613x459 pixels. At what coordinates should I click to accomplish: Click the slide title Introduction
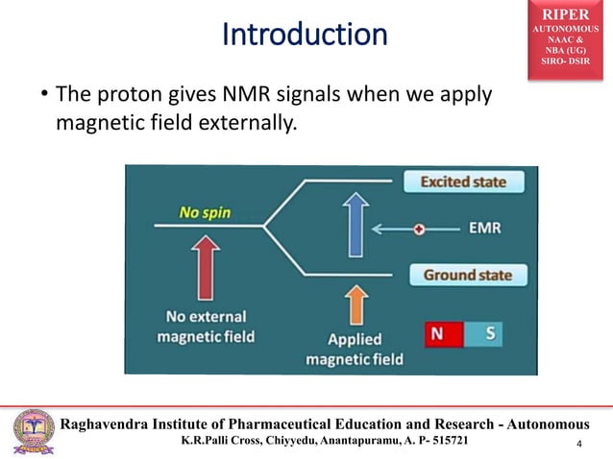(x=305, y=36)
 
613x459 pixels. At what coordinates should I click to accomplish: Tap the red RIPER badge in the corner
(x=571, y=36)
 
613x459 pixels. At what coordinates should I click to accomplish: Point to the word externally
(x=241, y=122)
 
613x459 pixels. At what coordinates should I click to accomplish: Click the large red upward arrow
(x=204, y=268)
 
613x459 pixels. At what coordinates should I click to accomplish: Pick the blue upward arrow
(x=356, y=226)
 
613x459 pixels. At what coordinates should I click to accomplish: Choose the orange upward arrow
(x=356, y=305)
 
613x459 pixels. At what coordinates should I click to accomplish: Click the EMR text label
(x=483, y=229)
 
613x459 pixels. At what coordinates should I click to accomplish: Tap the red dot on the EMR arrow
(x=419, y=229)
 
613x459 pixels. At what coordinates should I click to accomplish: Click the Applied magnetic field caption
(x=355, y=350)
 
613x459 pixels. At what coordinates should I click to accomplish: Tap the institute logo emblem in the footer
(x=33, y=431)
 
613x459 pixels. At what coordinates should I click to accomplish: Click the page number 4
(x=580, y=444)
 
